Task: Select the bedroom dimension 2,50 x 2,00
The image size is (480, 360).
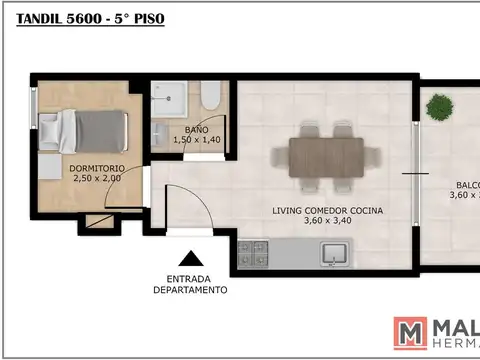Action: [x=97, y=178]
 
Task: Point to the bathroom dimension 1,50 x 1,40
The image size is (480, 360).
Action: [x=196, y=141]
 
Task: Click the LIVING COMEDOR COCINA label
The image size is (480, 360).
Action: [x=314, y=211]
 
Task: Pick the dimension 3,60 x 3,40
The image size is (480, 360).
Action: [x=314, y=222]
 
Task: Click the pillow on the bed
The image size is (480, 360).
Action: [x=50, y=129]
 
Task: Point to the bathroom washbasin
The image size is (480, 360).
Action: [x=161, y=134]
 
